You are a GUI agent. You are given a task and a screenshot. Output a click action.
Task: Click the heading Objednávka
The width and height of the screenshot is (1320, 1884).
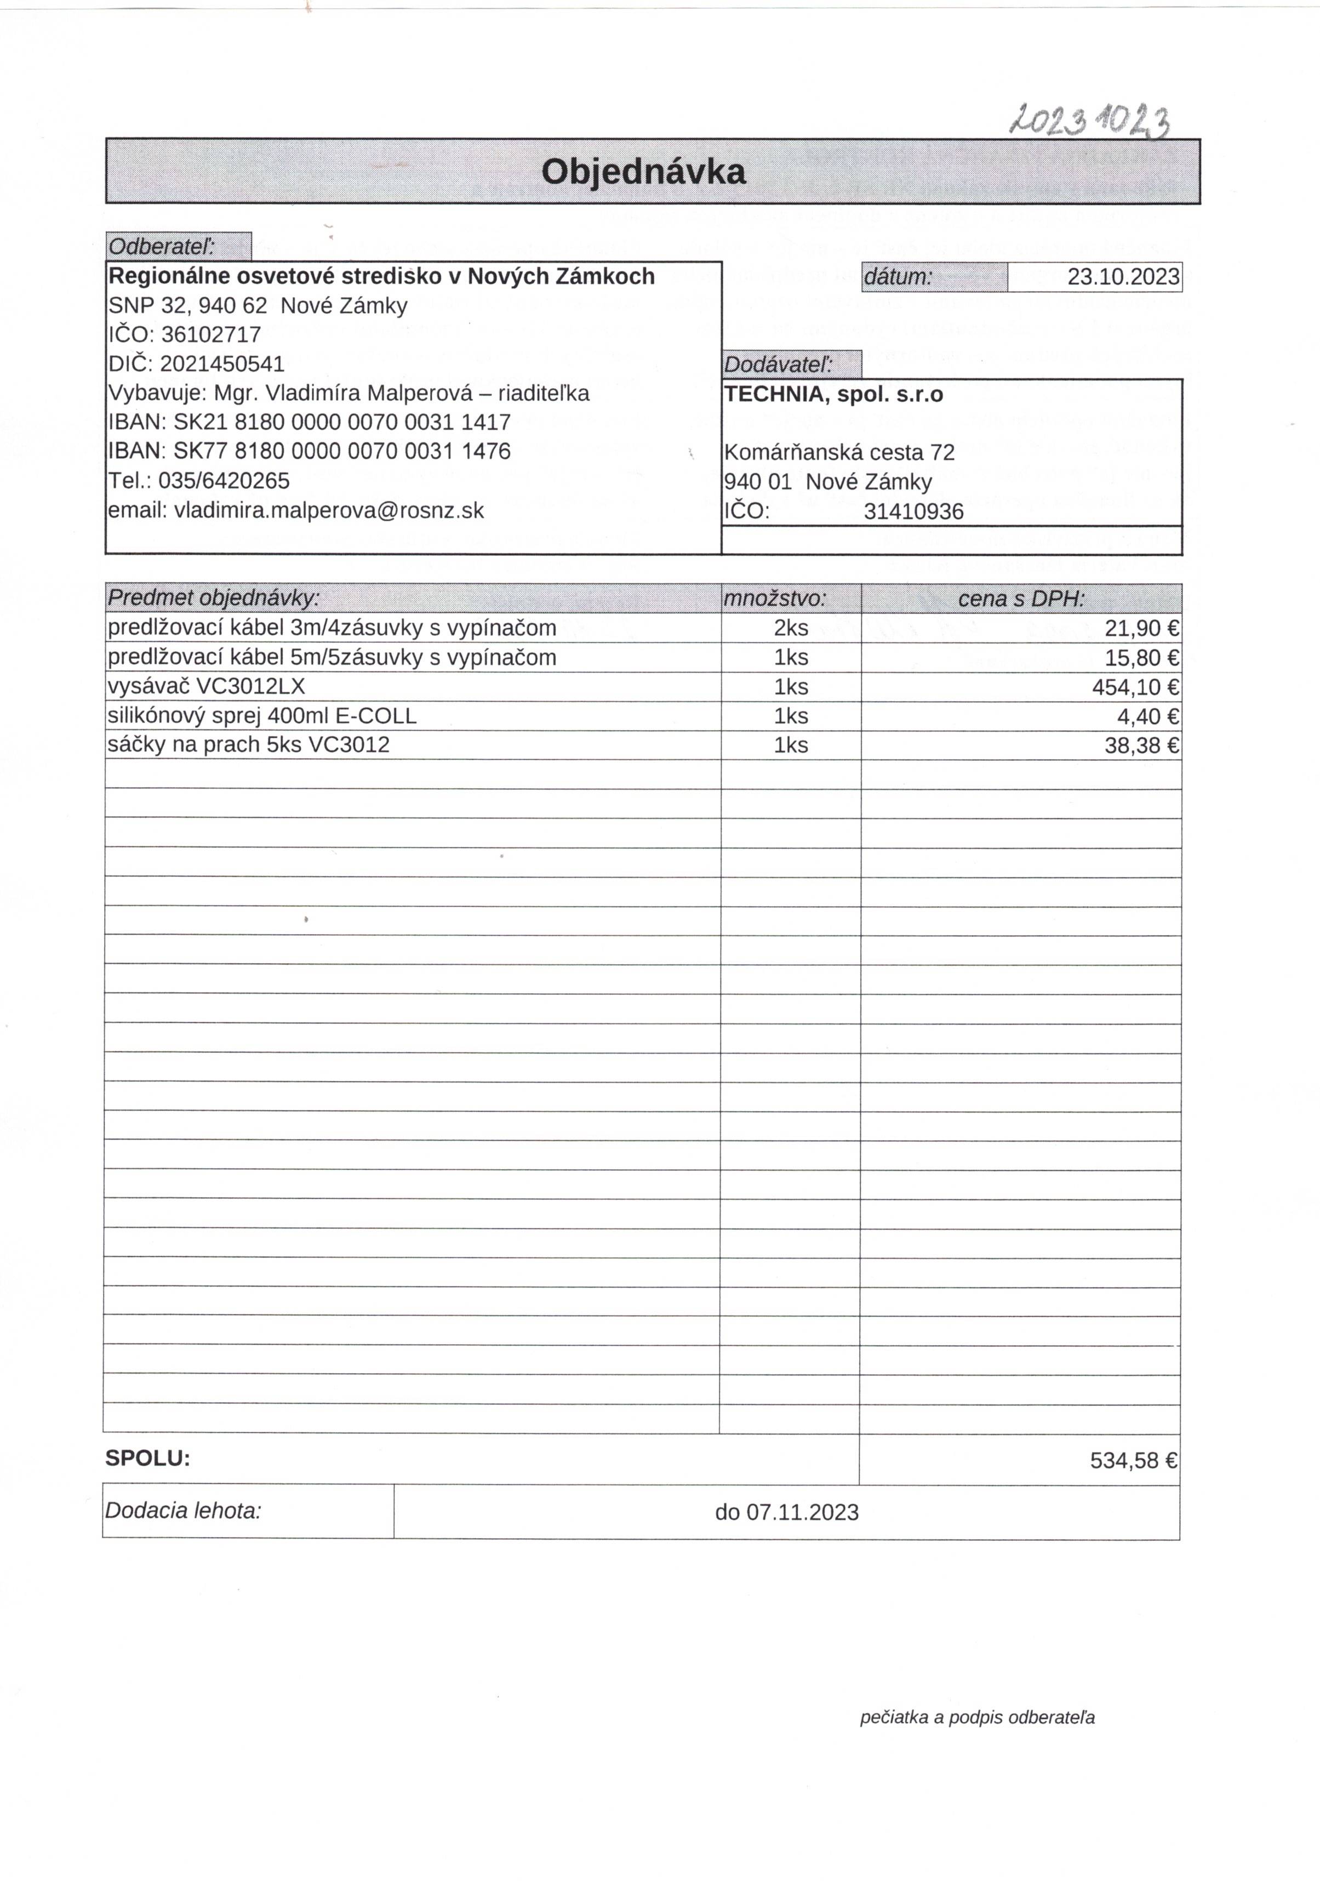coord(643,172)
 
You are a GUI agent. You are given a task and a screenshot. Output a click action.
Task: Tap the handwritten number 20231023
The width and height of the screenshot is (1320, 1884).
coord(1089,122)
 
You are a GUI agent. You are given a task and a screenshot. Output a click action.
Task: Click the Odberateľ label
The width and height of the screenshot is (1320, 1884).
coord(162,246)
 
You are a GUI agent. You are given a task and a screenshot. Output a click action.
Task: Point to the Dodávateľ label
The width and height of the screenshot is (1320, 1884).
coord(779,365)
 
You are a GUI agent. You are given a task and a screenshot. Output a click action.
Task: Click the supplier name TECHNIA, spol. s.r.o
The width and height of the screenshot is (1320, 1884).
coord(833,395)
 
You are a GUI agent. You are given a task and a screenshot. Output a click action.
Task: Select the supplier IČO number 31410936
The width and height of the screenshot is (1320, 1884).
coord(913,512)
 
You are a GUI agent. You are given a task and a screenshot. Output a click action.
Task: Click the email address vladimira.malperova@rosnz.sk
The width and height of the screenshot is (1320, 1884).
coord(329,510)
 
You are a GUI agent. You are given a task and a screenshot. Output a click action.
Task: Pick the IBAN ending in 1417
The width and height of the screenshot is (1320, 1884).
coord(342,422)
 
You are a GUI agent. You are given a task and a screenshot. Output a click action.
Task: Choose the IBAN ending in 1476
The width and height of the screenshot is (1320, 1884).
coord(342,451)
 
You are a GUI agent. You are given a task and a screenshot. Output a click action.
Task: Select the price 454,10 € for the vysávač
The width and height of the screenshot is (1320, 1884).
coord(1135,687)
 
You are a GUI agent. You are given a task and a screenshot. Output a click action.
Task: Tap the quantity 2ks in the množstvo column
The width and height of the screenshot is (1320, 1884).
coord(791,629)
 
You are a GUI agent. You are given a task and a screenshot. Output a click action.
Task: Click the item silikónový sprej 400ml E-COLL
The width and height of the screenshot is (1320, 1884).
coord(262,715)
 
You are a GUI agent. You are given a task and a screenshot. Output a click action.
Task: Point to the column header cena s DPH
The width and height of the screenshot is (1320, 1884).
coord(1021,599)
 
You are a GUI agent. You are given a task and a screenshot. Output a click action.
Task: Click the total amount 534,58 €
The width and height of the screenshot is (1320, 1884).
coord(1133,1461)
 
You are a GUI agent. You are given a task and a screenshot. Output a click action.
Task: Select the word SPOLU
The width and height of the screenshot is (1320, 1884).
coord(147,1458)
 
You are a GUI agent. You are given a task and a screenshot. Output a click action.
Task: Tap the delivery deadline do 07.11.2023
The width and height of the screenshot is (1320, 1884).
coord(786,1512)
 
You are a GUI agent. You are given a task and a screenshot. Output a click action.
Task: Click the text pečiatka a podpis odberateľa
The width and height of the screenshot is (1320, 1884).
coord(976,1717)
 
